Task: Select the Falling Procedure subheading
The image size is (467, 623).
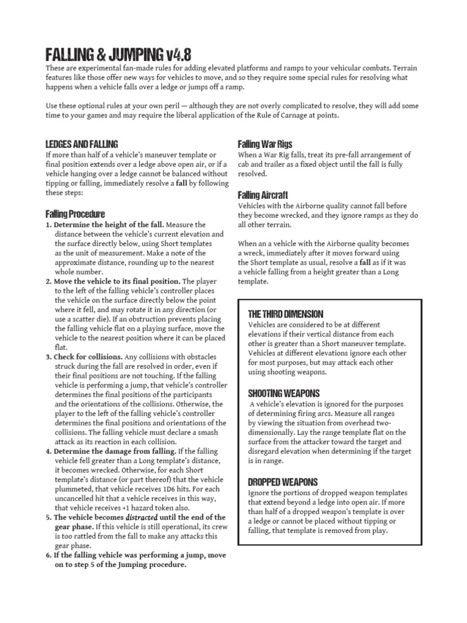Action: pos(75,214)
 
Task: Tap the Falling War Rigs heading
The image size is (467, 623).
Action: pos(265,144)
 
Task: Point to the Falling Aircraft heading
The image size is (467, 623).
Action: pos(263,195)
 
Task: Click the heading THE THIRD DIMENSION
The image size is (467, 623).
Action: pos(286,314)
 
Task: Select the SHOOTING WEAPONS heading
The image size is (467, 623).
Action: pos(284,393)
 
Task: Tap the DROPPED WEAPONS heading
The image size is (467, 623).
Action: pos(284,481)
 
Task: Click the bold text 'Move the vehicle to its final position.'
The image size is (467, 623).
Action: pos(117,282)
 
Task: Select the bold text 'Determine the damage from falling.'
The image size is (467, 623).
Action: pos(114,451)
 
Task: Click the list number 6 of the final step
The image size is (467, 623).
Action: pos(48,554)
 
